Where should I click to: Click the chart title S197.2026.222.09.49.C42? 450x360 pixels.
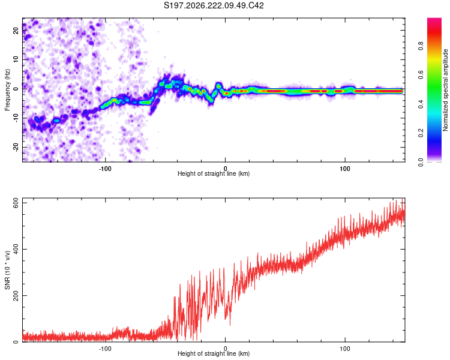[x=214, y=5]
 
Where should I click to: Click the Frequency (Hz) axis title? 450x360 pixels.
[x=7, y=90]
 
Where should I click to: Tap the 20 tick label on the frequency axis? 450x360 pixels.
[x=16, y=31]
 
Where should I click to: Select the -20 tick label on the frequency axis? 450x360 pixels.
[x=16, y=147]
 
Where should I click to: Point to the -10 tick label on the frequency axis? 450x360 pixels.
[x=16, y=118]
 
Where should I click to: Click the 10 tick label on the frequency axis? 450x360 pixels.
[x=16, y=59]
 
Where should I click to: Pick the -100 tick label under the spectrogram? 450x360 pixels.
[x=105, y=169]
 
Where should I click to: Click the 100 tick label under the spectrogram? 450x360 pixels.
[x=345, y=169]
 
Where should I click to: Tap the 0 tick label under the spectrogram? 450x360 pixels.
[x=225, y=169]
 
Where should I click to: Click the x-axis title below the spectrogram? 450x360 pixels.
[x=214, y=173]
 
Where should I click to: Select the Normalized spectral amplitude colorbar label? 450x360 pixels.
[x=445, y=90]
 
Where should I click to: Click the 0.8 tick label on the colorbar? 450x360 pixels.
[x=421, y=46]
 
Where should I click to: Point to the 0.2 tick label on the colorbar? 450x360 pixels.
[x=421, y=133]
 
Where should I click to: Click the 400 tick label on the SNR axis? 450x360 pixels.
[x=16, y=249]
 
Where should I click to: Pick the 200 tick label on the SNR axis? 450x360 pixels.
[x=16, y=296]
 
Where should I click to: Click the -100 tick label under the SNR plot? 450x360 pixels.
[x=105, y=349]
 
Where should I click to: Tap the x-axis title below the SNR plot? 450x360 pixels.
[x=214, y=353]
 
